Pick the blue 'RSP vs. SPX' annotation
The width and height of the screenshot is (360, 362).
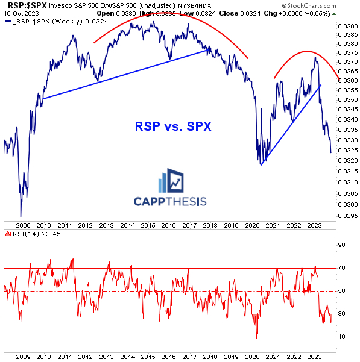click(165, 127)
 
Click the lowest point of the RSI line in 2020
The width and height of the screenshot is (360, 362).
click(257, 338)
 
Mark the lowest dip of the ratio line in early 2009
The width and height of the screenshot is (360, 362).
click(21, 216)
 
